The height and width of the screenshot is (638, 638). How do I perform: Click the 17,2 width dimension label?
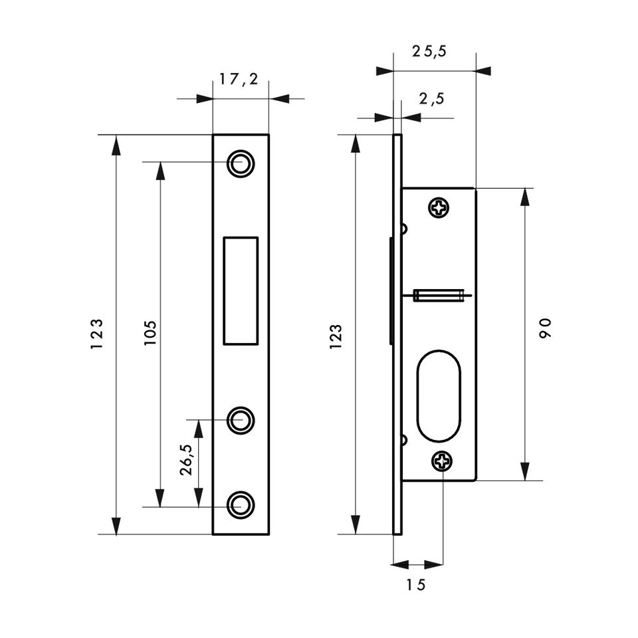239,79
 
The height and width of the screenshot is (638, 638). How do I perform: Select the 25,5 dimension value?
429,51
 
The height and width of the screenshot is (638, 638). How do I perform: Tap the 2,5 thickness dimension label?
432,99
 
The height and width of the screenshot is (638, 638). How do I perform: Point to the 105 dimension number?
150,333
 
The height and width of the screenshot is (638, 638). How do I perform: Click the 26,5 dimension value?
186,460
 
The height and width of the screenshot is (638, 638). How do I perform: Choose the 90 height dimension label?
545,328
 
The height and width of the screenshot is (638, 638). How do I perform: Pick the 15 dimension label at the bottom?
416,585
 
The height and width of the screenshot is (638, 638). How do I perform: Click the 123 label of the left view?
96,334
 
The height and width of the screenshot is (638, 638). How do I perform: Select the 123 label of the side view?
336,336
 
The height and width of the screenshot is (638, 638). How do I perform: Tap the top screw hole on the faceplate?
241,163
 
